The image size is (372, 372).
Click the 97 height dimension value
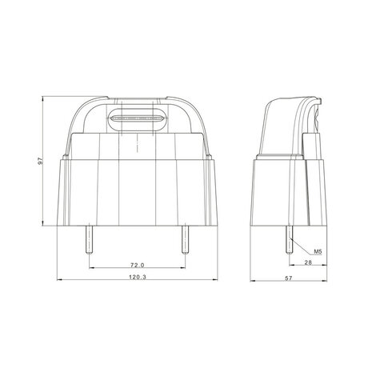coord(40,161)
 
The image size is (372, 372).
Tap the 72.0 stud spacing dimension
coord(138,265)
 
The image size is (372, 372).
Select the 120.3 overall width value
coord(138,277)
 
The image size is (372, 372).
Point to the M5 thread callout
coord(318,251)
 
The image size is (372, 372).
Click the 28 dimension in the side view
coord(308,262)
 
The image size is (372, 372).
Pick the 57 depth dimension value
coord(289,278)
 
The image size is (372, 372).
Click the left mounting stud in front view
coord(89,240)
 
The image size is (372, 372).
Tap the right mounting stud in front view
coord(185,240)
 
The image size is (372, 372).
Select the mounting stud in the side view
coord(290,240)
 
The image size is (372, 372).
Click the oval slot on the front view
coord(138,118)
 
